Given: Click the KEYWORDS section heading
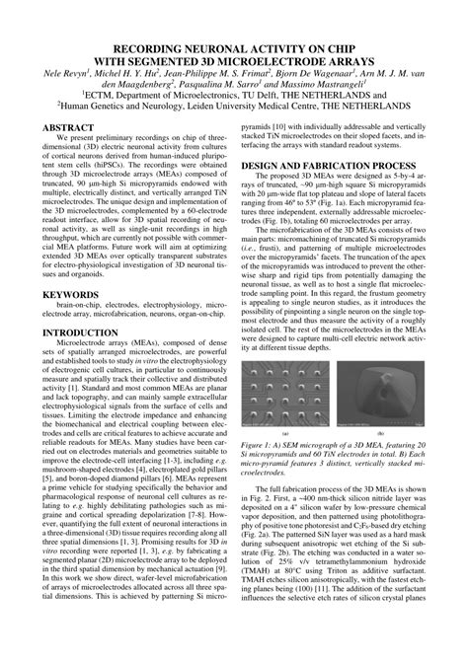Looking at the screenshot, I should coord(70,294).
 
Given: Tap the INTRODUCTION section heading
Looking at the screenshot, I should coord(80,332).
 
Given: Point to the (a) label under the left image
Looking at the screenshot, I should coord(285,433).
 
